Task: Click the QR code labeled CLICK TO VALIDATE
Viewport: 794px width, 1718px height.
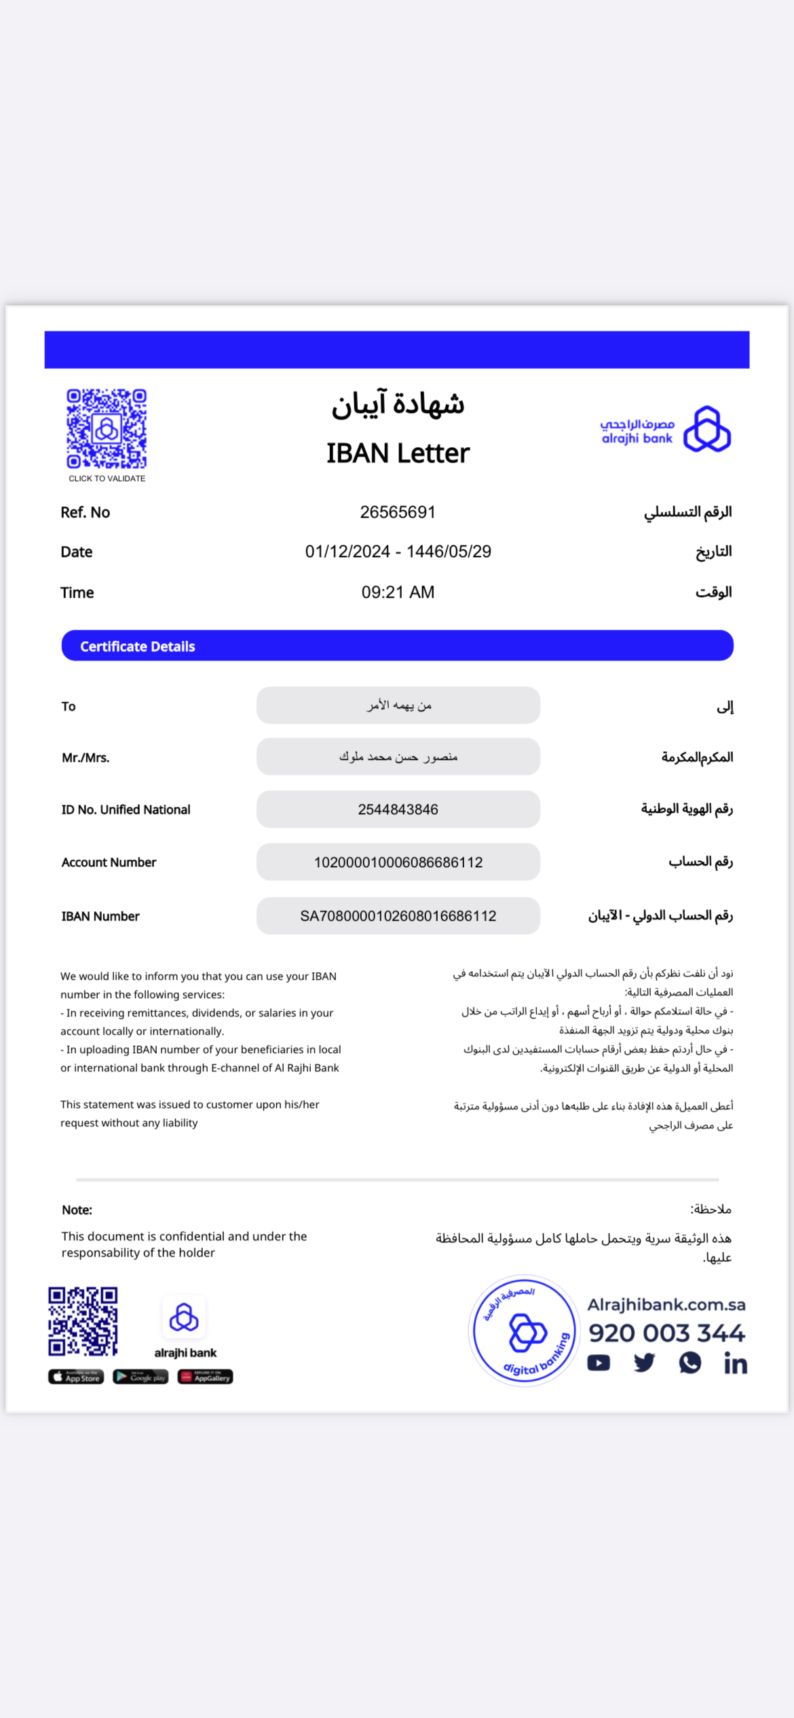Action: point(107,429)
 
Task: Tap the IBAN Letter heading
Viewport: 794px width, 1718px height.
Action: point(398,453)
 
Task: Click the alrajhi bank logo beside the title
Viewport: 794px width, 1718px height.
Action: point(665,429)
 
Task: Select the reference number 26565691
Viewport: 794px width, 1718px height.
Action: point(398,512)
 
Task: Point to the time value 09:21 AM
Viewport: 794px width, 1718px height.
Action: point(398,592)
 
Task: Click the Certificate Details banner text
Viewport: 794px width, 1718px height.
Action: point(138,647)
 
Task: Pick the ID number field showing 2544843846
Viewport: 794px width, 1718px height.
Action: point(398,809)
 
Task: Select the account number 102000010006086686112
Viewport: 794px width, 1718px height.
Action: point(398,862)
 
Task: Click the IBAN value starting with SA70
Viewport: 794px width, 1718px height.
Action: point(398,916)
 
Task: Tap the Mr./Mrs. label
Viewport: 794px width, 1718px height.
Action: point(86,758)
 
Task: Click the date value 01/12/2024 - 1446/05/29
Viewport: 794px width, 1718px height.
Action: point(398,552)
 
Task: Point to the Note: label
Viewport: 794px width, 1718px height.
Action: point(77,1210)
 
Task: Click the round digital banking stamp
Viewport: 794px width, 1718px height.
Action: point(523,1331)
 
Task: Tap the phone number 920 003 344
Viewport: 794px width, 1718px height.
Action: point(666,1333)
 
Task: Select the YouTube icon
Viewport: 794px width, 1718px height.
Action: point(599,1363)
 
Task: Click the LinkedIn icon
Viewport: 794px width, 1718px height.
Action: point(736,1364)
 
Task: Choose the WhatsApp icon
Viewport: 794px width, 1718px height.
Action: point(690,1363)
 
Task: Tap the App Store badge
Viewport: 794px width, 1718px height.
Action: point(76,1377)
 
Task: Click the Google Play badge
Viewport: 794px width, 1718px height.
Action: point(140,1377)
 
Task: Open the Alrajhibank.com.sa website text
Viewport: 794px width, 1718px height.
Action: point(666,1305)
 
